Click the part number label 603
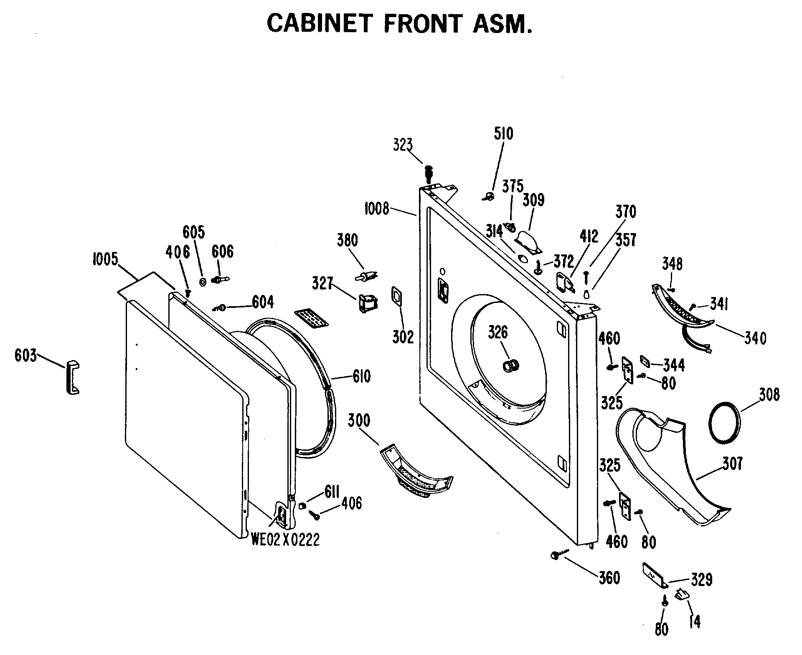(x=26, y=356)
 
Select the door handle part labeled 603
(x=72, y=378)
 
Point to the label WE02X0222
(x=285, y=540)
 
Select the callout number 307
(x=733, y=464)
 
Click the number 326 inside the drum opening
(x=498, y=333)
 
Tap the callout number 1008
(x=377, y=208)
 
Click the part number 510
(x=503, y=133)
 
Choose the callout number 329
(x=701, y=580)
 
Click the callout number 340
(x=755, y=338)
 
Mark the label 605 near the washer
(x=194, y=232)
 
